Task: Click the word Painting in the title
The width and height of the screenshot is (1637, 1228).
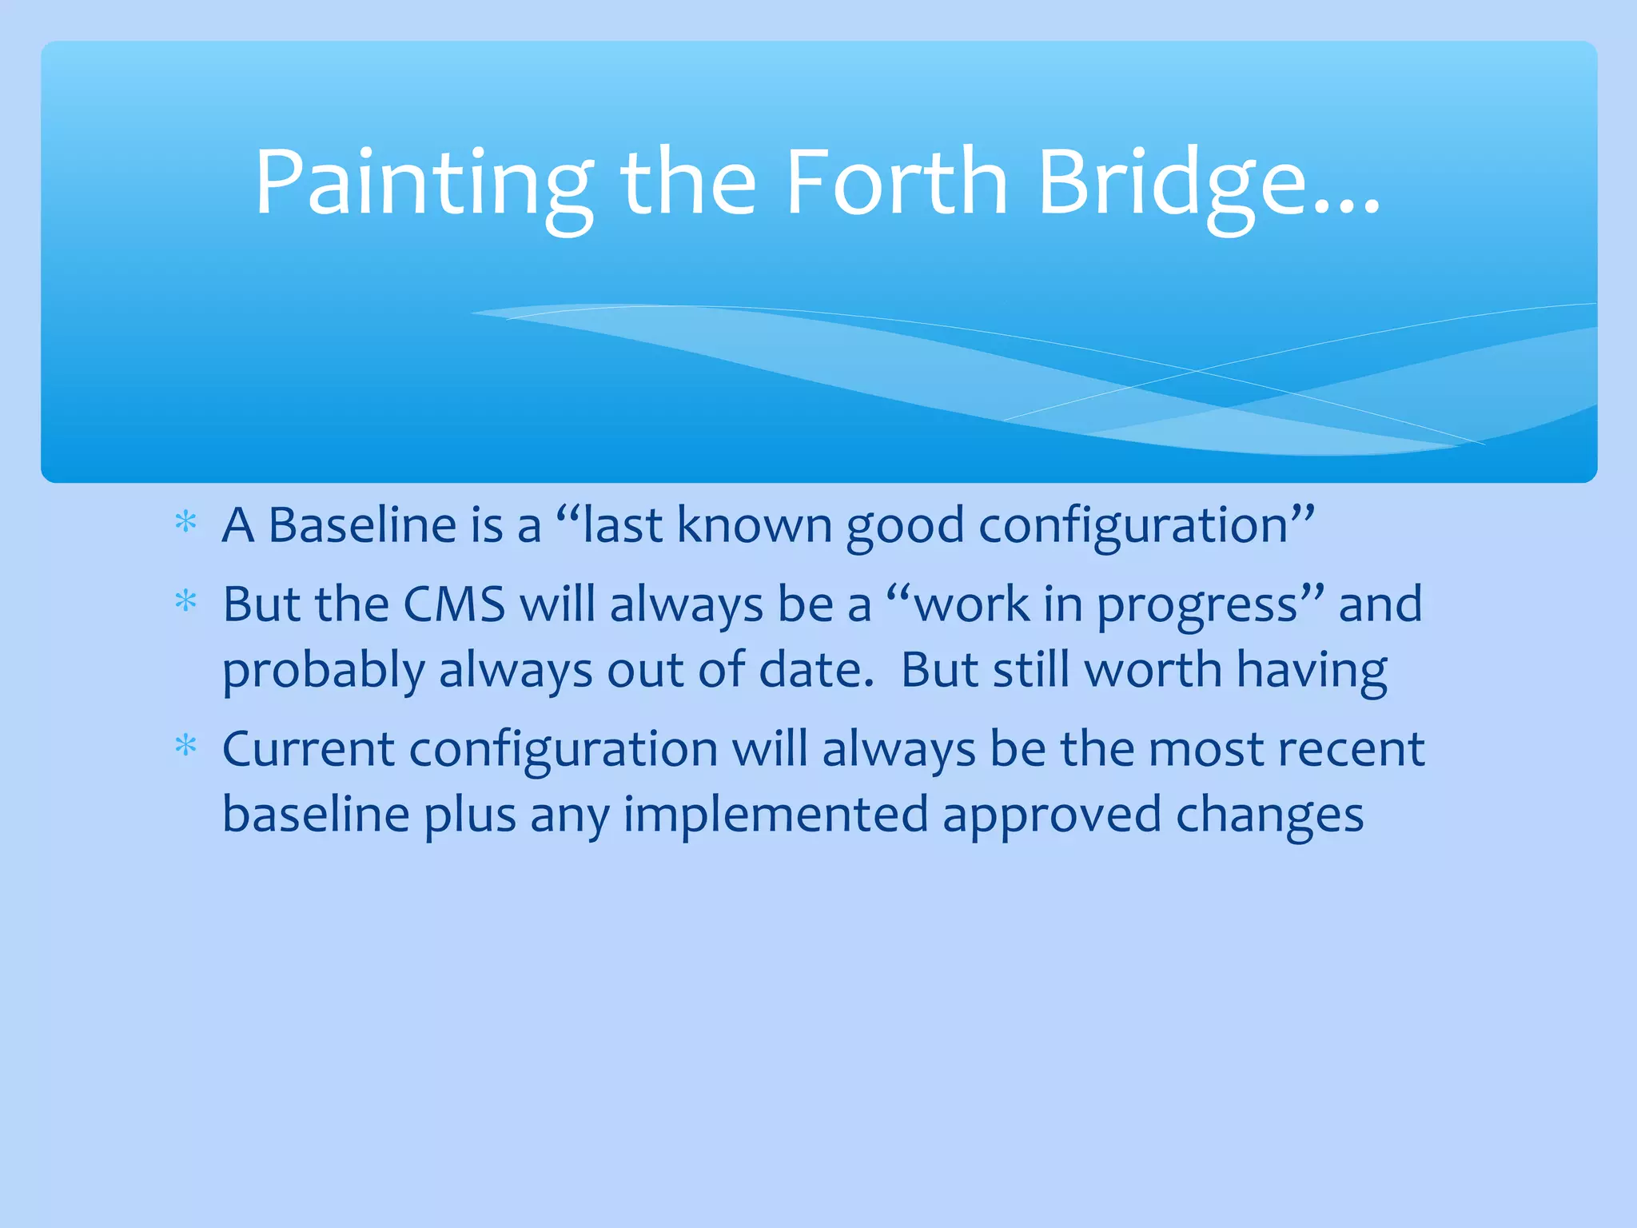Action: [x=424, y=184]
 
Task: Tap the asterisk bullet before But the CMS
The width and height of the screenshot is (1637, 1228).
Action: [x=185, y=601]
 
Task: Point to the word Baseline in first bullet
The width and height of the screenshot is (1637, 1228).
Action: [x=361, y=525]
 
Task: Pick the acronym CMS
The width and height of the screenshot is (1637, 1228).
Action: [x=453, y=604]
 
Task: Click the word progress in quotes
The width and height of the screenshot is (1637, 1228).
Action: [x=1197, y=606]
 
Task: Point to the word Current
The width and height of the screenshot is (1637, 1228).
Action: [x=308, y=749]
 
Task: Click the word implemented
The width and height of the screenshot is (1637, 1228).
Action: [x=775, y=815]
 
